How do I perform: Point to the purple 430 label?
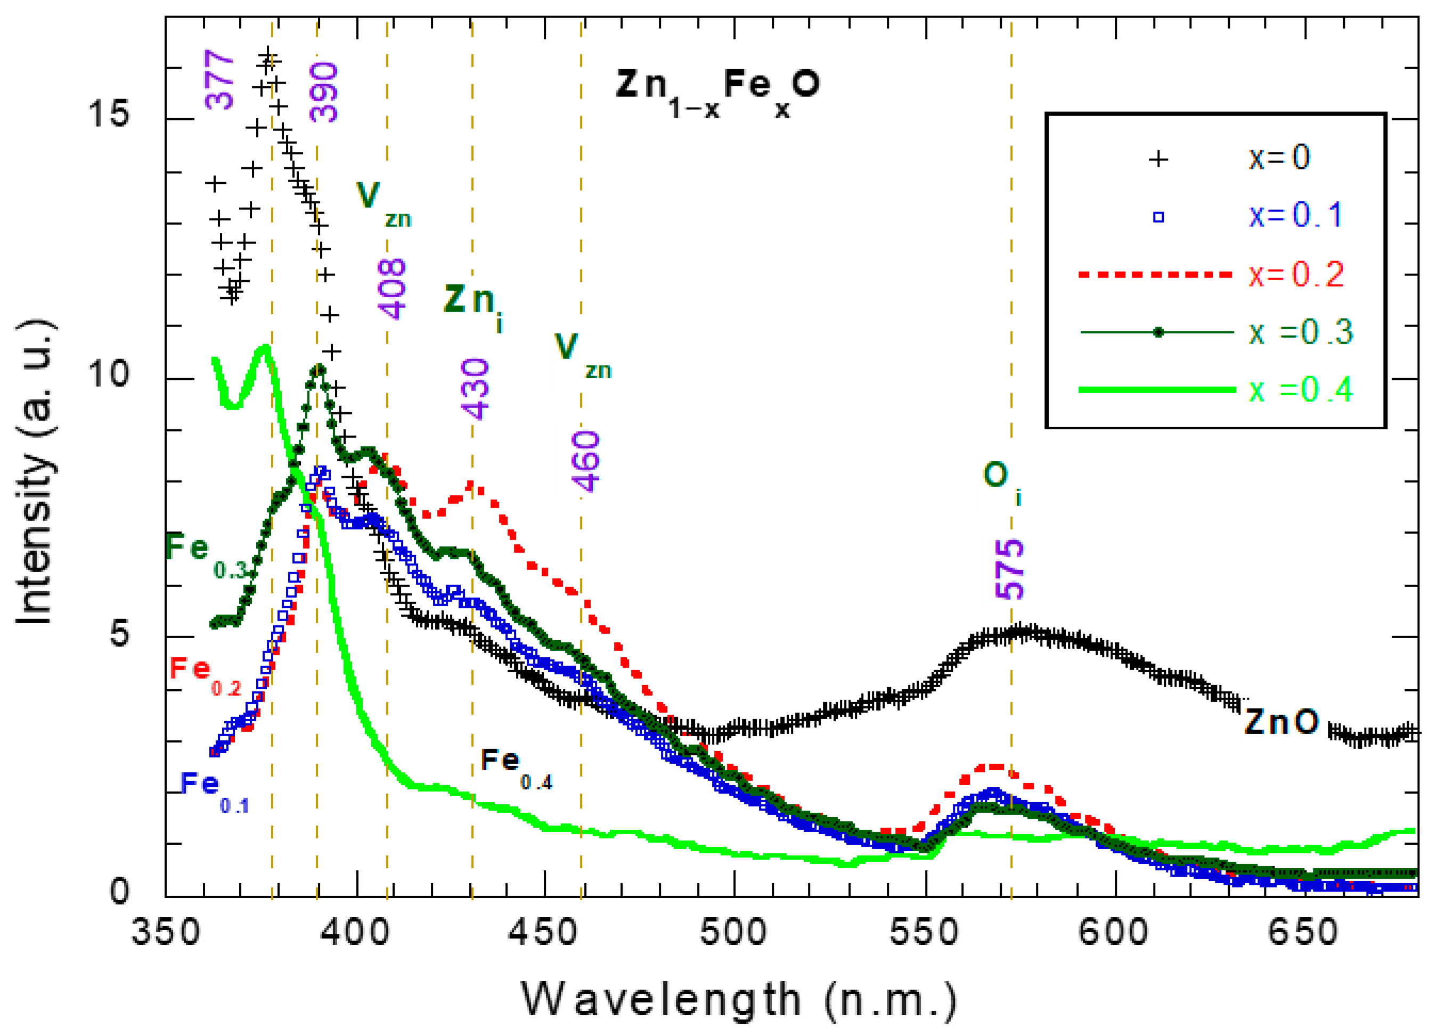[x=475, y=388]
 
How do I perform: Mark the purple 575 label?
[x=1010, y=569]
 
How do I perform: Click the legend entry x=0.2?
[x=1296, y=274]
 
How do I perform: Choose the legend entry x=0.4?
[x=1300, y=390]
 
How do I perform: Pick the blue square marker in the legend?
[x=1157, y=217]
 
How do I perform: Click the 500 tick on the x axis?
[x=734, y=932]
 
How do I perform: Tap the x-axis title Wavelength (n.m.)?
[x=738, y=1000]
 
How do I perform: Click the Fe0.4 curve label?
[x=515, y=768]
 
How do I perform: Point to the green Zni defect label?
[x=472, y=304]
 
